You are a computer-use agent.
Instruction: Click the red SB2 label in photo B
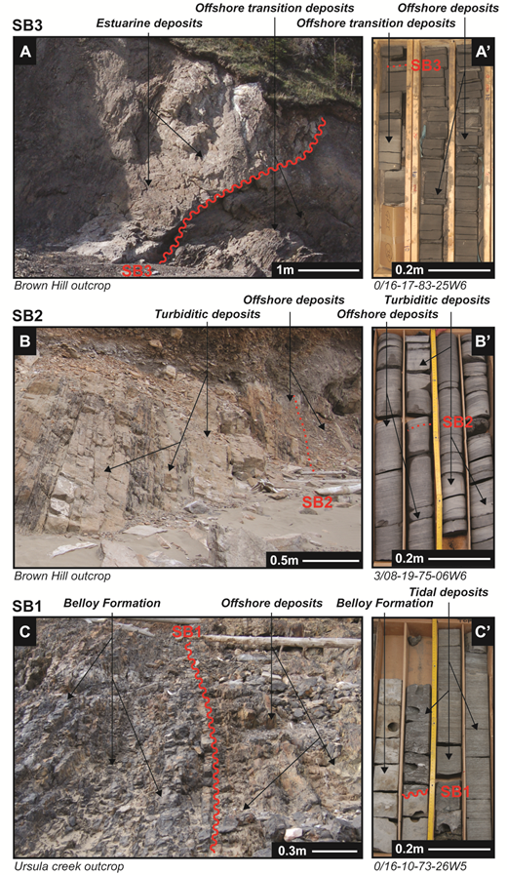tap(318, 502)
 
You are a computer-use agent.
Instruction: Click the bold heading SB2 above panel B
tap(31, 314)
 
